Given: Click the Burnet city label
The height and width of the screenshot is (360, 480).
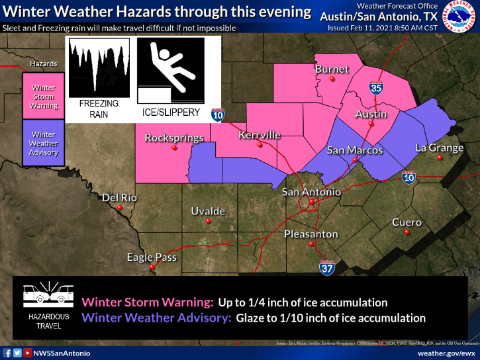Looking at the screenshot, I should (332, 69).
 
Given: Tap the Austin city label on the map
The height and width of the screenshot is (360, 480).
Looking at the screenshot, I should (371, 114).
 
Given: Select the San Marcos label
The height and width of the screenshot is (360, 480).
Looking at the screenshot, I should (355, 150).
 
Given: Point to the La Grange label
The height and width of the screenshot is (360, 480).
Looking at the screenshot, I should (439, 148).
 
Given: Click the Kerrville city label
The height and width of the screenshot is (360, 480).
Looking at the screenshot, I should (260, 135).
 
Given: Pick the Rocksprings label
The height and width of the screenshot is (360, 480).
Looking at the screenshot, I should (173, 138).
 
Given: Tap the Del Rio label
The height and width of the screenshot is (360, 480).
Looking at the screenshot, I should (119, 198).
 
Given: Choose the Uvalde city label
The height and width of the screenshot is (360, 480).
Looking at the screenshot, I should (208, 211).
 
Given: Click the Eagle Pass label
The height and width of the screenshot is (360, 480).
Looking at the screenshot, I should (152, 257).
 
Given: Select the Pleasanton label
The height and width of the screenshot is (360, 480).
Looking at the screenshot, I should (311, 234).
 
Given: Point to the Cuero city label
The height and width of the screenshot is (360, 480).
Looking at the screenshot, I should (407, 222).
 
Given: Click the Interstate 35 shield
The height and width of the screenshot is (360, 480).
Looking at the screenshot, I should (376, 87).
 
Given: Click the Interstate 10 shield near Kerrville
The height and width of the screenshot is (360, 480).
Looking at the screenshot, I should (218, 114).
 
